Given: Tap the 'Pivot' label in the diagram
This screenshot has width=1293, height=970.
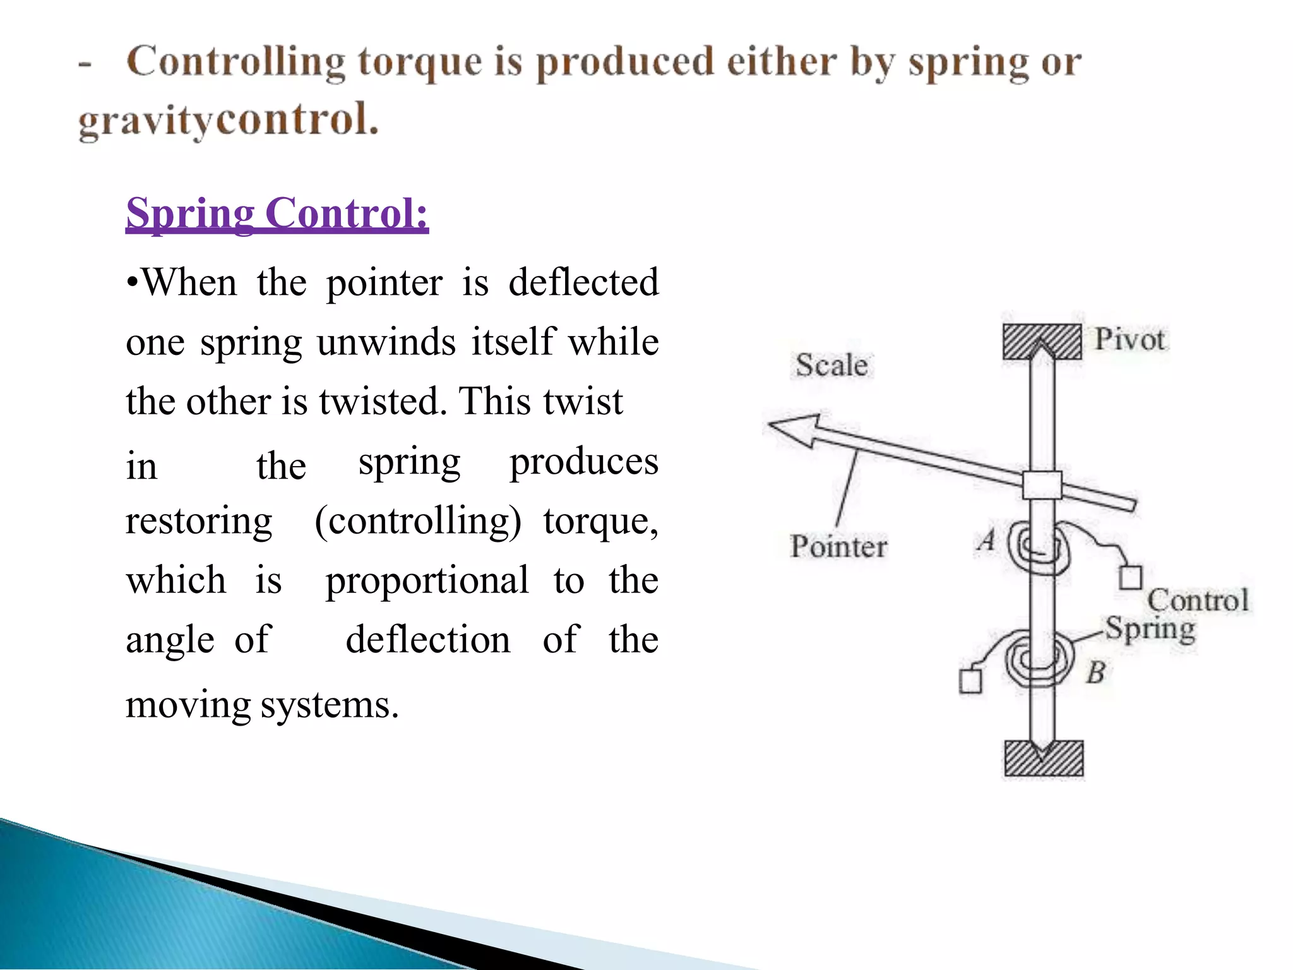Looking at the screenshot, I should click(x=1129, y=340).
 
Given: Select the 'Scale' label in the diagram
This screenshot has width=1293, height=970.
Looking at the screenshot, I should click(x=831, y=365).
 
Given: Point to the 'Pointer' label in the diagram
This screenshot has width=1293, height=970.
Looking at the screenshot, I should click(x=838, y=546).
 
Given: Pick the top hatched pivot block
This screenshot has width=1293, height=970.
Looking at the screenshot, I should click(x=1042, y=342).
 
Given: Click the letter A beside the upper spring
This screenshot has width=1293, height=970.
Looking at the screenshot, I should click(x=987, y=541).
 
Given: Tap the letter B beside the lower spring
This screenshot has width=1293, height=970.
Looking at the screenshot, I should click(x=1096, y=672).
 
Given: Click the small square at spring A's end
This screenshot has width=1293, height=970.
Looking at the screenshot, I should click(x=1131, y=577).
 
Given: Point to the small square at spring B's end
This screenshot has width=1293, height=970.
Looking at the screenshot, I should click(x=970, y=681).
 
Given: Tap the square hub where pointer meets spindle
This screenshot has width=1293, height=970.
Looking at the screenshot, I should click(x=1042, y=485).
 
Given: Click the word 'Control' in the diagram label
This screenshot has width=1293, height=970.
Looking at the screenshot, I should click(x=1198, y=600).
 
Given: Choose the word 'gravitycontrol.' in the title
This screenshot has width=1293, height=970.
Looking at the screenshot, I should click(x=228, y=120).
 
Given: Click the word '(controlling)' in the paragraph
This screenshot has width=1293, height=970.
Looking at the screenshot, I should click(x=418, y=522).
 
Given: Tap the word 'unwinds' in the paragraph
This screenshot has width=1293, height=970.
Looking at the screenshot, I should click(x=386, y=343).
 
